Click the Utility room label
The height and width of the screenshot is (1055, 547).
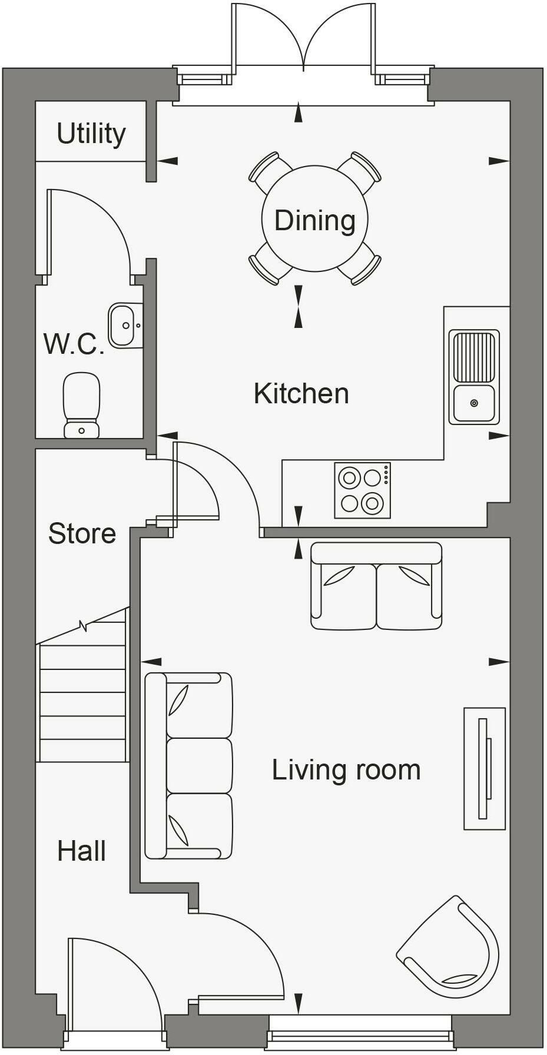(x=91, y=134)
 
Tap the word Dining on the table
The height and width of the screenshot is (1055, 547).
(x=315, y=220)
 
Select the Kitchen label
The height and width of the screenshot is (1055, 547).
(x=301, y=393)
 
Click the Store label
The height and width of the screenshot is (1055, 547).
(x=82, y=533)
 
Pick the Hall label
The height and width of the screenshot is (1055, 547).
(x=81, y=851)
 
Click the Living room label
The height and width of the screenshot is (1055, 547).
(x=346, y=770)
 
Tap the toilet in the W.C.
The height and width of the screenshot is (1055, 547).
(x=81, y=404)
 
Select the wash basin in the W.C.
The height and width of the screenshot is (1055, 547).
(x=125, y=326)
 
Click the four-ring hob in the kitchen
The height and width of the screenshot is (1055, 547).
(x=362, y=490)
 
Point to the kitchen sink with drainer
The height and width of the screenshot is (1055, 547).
(x=474, y=377)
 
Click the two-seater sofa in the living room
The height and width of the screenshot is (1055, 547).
(x=376, y=586)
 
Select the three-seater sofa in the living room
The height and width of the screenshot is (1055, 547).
(x=189, y=766)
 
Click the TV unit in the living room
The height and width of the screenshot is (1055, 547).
(x=485, y=769)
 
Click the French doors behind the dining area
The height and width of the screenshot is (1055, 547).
(x=304, y=41)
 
